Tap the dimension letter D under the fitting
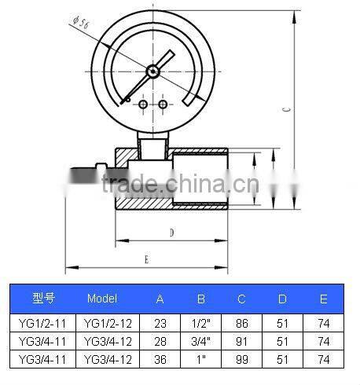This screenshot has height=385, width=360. click(171, 233)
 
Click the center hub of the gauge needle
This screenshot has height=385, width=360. click(152, 71)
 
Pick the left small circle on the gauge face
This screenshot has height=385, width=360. click(143, 104)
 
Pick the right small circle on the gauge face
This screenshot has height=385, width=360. click(163, 104)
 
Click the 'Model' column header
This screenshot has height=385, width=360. click(102, 299)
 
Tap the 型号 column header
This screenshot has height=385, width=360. click(43, 299)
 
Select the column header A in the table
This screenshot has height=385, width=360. click(160, 299)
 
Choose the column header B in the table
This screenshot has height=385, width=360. click(200, 299)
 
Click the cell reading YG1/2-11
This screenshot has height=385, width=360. click(44, 322)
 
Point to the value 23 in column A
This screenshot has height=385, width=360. click(160, 322)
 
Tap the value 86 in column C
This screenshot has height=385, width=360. click(242, 322)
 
